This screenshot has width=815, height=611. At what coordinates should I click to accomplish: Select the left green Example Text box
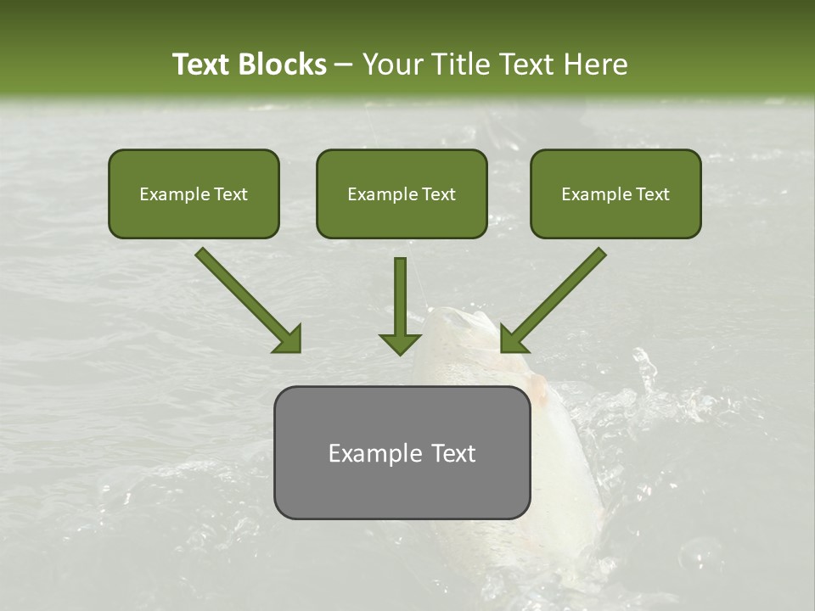point(194,194)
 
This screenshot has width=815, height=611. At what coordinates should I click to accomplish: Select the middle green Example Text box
point(402,194)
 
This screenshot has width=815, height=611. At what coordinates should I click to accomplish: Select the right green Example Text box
point(615,194)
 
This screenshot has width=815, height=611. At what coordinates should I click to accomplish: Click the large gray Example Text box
point(402,452)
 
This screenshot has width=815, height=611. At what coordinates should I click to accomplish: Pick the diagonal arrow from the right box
point(556,297)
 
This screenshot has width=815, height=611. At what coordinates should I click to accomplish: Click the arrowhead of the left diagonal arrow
point(289,340)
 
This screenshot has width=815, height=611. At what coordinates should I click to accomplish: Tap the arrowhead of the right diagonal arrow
point(513,340)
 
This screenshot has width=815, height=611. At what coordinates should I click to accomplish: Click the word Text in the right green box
point(652,194)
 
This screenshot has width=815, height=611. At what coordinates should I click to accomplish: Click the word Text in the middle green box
point(438,194)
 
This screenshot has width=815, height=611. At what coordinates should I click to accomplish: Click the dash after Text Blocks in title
point(344,64)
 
